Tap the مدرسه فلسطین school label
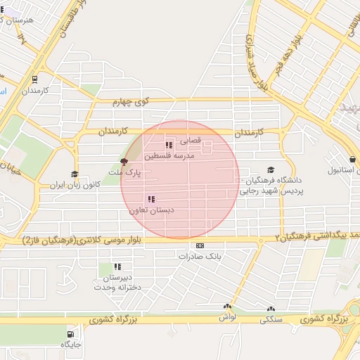tap(169, 155)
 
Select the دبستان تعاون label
tap(151, 210)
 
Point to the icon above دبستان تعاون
tap(151, 199)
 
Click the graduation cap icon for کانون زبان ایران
tap(75, 174)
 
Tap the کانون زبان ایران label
tap(75, 185)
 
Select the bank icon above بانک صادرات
tap(200, 246)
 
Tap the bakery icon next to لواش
tap(228, 307)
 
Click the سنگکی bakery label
tap(271, 319)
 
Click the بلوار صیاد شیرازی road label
tap(255, 60)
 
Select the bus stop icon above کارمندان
tap(34, 79)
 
